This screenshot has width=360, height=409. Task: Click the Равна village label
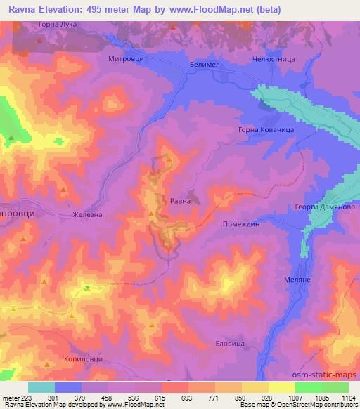point(180,201)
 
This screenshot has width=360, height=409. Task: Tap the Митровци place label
point(126,60)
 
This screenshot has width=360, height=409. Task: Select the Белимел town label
point(205,63)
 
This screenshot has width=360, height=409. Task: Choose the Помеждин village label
point(240,223)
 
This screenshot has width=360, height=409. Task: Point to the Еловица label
point(229,344)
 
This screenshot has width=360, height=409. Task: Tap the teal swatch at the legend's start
point(41,387)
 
